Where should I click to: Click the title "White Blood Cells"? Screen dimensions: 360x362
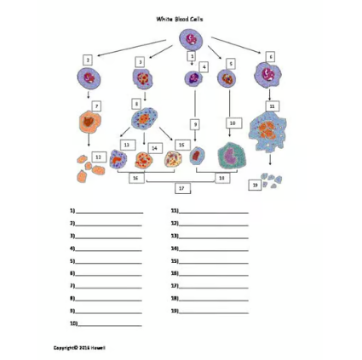pyautogui.click(x=180, y=18)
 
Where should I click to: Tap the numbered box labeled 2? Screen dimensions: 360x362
pyautogui.click(x=88, y=60)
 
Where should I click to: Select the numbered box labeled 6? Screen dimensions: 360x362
pyautogui.click(x=270, y=56)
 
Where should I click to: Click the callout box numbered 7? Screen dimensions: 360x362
pyautogui.click(x=97, y=106)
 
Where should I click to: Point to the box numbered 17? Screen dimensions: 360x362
pyautogui.click(x=180, y=187)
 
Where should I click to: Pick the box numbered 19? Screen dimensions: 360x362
pyautogui.click(x=255, y=185)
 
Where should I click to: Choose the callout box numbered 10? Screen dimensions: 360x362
pyautogui.click(x=232, y=123)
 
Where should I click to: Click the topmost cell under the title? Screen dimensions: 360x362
pyautogui.click(x=189, y=39)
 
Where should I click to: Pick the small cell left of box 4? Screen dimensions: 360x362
pyautogui.click(x=192, y=79)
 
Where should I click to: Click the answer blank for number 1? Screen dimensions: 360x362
pyautogui.click(x=110, y=209)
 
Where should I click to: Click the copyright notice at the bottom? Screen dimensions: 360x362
pyautogui.click(x=79, y=347)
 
